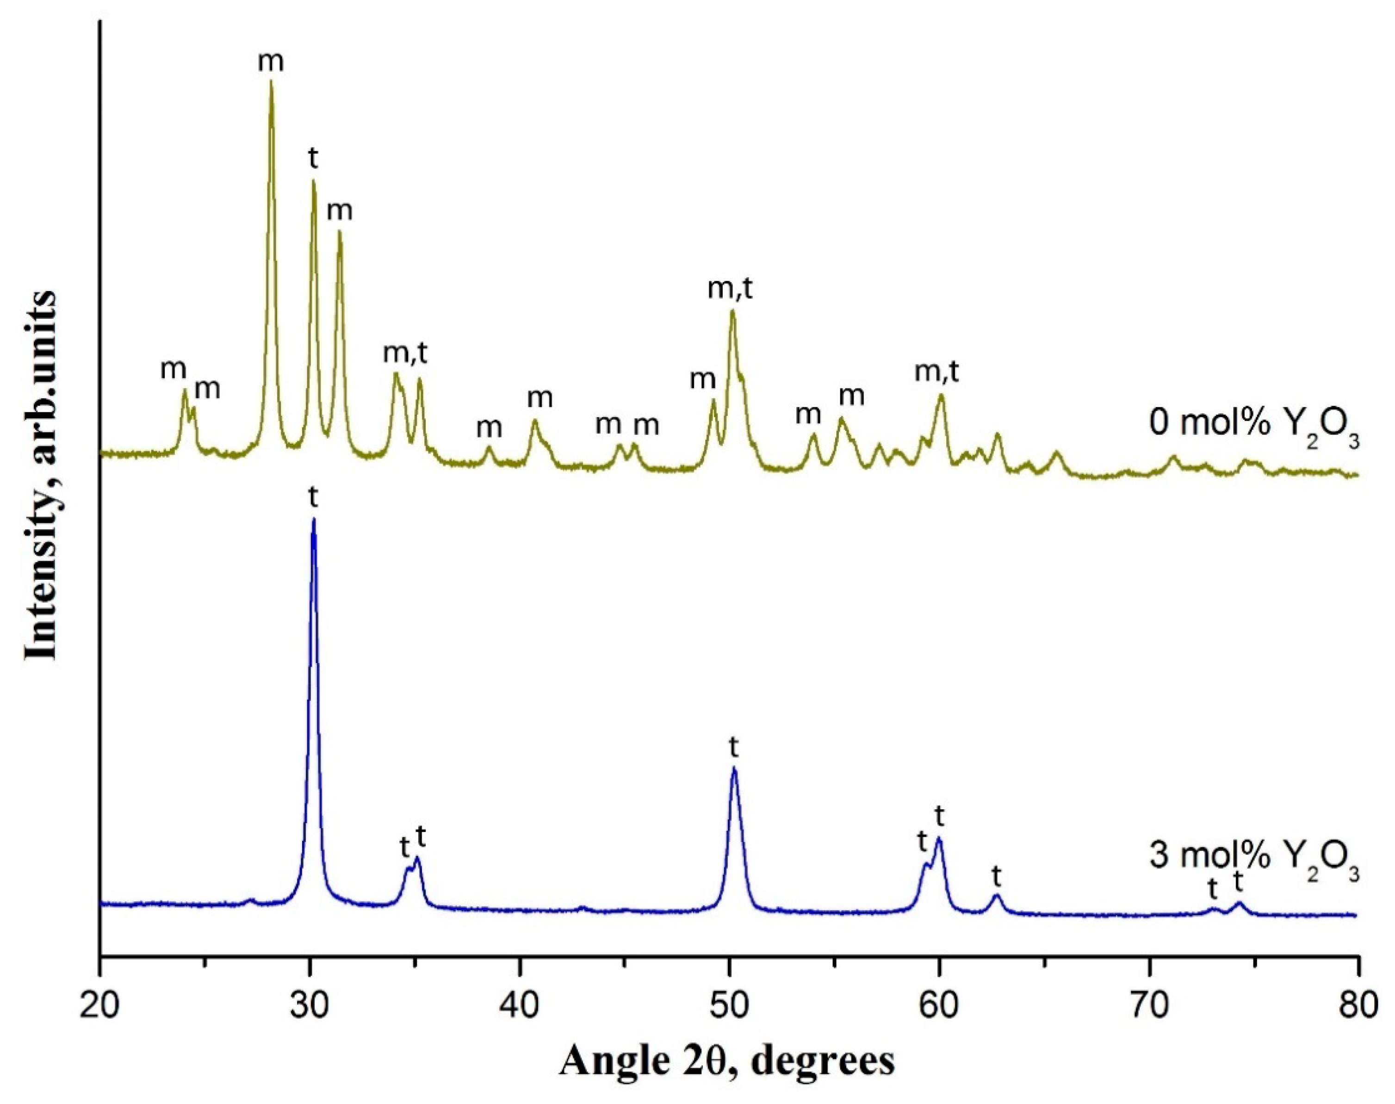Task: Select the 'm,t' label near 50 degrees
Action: click(731, 288)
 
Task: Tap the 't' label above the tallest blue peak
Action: click(314, 498)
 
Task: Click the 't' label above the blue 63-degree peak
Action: click(996, 877)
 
